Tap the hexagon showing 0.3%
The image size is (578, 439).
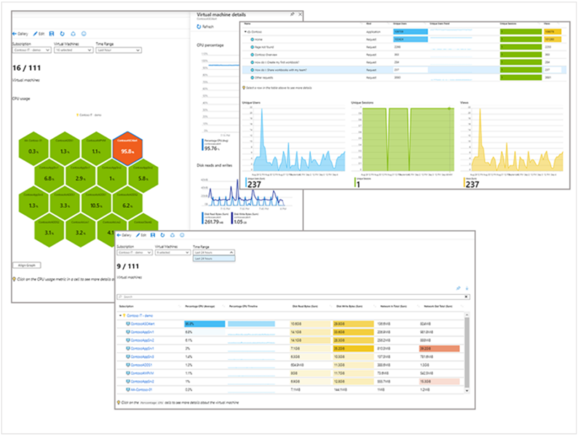point(33,150)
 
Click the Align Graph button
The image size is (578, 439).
point(27,265)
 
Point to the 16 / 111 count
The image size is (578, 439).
point(26,68)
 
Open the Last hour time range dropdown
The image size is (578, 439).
point(118,50)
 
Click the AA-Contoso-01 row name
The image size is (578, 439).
point(141,390)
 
